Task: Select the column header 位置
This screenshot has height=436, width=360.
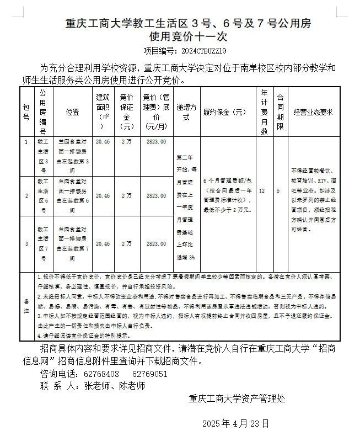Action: point(72,112)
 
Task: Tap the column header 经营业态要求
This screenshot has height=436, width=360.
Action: point(313,112)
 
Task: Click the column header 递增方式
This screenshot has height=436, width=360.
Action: point(186,112)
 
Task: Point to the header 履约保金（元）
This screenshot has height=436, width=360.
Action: point(225,112)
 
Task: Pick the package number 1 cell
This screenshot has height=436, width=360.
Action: point(26,142)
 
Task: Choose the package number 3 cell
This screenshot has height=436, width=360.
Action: point(26,243)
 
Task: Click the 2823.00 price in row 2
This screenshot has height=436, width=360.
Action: point(157,195)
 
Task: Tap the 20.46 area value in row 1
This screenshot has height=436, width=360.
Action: point(103,142)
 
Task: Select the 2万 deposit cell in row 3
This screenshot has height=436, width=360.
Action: point(127,243)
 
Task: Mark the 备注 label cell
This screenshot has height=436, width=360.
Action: point(26,306)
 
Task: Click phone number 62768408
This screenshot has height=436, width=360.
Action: point(101,374)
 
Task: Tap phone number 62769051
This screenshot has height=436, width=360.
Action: point(149,374)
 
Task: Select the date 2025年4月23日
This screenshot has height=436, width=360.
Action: point(235,424)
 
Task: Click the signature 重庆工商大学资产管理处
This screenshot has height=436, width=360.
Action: point(237,398)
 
